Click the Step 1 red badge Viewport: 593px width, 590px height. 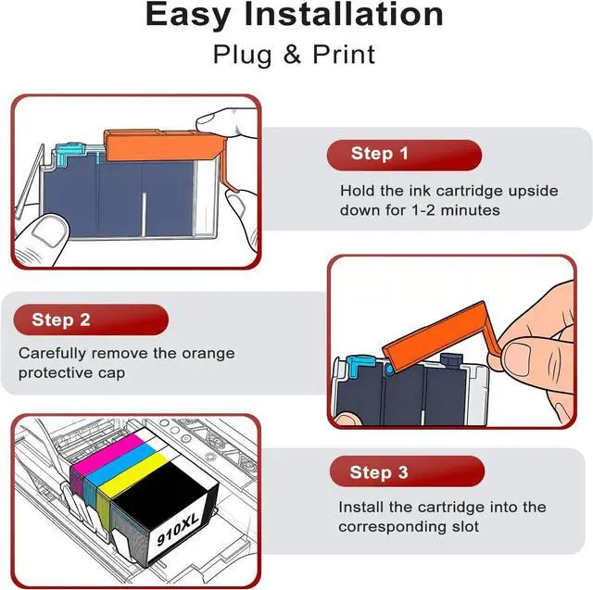click(404, 155)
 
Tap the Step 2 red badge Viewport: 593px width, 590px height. click(91, 320)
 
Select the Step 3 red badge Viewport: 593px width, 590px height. click(407, 471)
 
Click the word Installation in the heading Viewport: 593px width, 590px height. click(344, 15)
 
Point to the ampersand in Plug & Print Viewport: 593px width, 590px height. click(292, 55)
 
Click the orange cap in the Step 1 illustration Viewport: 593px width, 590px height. click(163, 146)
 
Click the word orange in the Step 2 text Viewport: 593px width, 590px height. click(208, 354)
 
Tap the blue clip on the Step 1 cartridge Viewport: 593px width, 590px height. click(69, 152)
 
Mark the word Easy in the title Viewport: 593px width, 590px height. click(188, 16)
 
